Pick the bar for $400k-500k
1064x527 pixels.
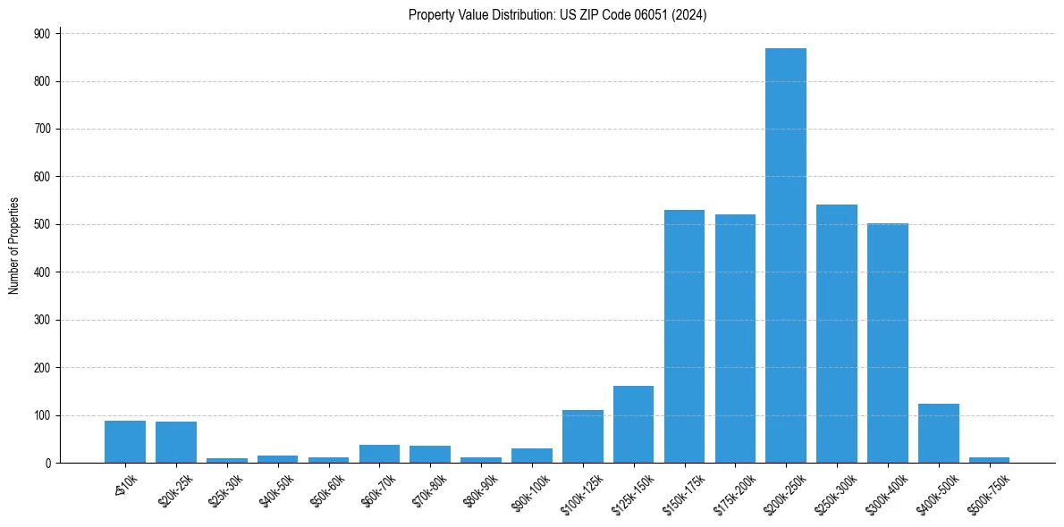[939, 433]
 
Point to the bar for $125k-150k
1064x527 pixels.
[633, 424]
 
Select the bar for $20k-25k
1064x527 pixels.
[176, 442]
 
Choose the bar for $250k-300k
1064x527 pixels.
[837, 334]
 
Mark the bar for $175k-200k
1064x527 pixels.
[735, 339]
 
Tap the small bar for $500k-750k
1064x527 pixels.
[989, 460]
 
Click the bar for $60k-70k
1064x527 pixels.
[379, 454]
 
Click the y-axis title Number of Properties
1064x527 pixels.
[13, 246]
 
